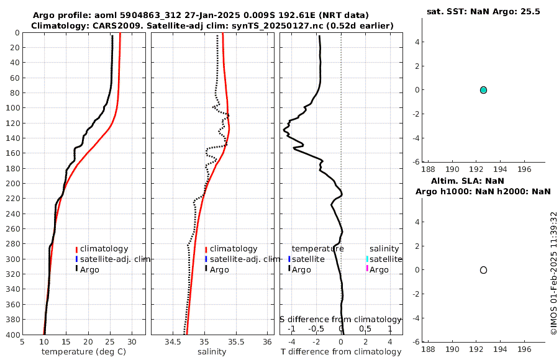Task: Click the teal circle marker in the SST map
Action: [483, 90]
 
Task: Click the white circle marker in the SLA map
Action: [483, 270]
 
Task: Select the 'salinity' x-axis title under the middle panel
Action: [212, 352]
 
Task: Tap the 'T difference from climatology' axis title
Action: [341, 352]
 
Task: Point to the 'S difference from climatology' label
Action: [340, 319]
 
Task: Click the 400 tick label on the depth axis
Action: [11, 335]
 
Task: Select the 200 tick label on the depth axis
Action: [11, 184]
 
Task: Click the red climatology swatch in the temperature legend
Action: [76, 249]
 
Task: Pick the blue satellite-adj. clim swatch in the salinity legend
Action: [206, 259]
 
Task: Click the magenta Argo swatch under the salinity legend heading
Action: [367, 269]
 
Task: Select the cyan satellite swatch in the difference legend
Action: [367, 259]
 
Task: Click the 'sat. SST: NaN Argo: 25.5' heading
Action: [483, 12]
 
